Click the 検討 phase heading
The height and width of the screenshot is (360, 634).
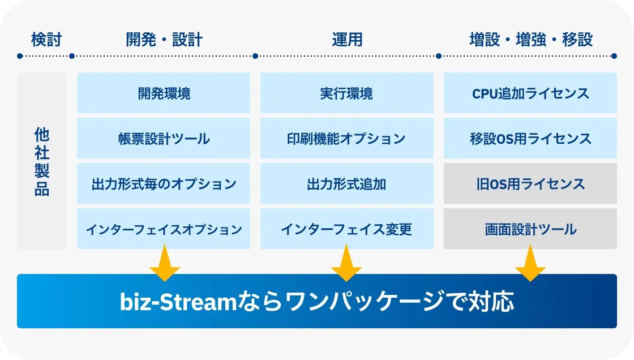click(46, 40)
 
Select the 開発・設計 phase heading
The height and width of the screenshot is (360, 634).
click(164, 40)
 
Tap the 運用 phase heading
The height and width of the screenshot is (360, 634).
click(347, 40)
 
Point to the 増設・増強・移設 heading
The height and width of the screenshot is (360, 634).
click(531, 40)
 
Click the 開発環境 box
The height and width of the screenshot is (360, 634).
click(164, 93)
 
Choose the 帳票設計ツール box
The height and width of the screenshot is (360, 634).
click(164, 138)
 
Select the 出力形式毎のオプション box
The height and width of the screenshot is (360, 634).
click(164, 183)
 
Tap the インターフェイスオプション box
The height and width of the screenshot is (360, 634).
click(164, 229)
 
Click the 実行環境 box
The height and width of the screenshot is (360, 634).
click(347, 93)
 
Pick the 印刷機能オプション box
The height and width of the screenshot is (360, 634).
click(347, 138)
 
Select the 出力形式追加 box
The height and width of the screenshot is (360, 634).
click(347, 183)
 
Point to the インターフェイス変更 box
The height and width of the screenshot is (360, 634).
click(347, 229)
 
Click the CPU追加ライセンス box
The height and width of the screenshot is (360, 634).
click(530, 93)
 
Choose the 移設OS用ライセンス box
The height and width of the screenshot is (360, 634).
click(530, 138)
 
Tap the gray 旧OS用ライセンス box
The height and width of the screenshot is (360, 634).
click(530, 183)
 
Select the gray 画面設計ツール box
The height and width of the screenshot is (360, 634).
click(530, 229)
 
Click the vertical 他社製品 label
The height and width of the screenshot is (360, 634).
click(42, 161)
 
